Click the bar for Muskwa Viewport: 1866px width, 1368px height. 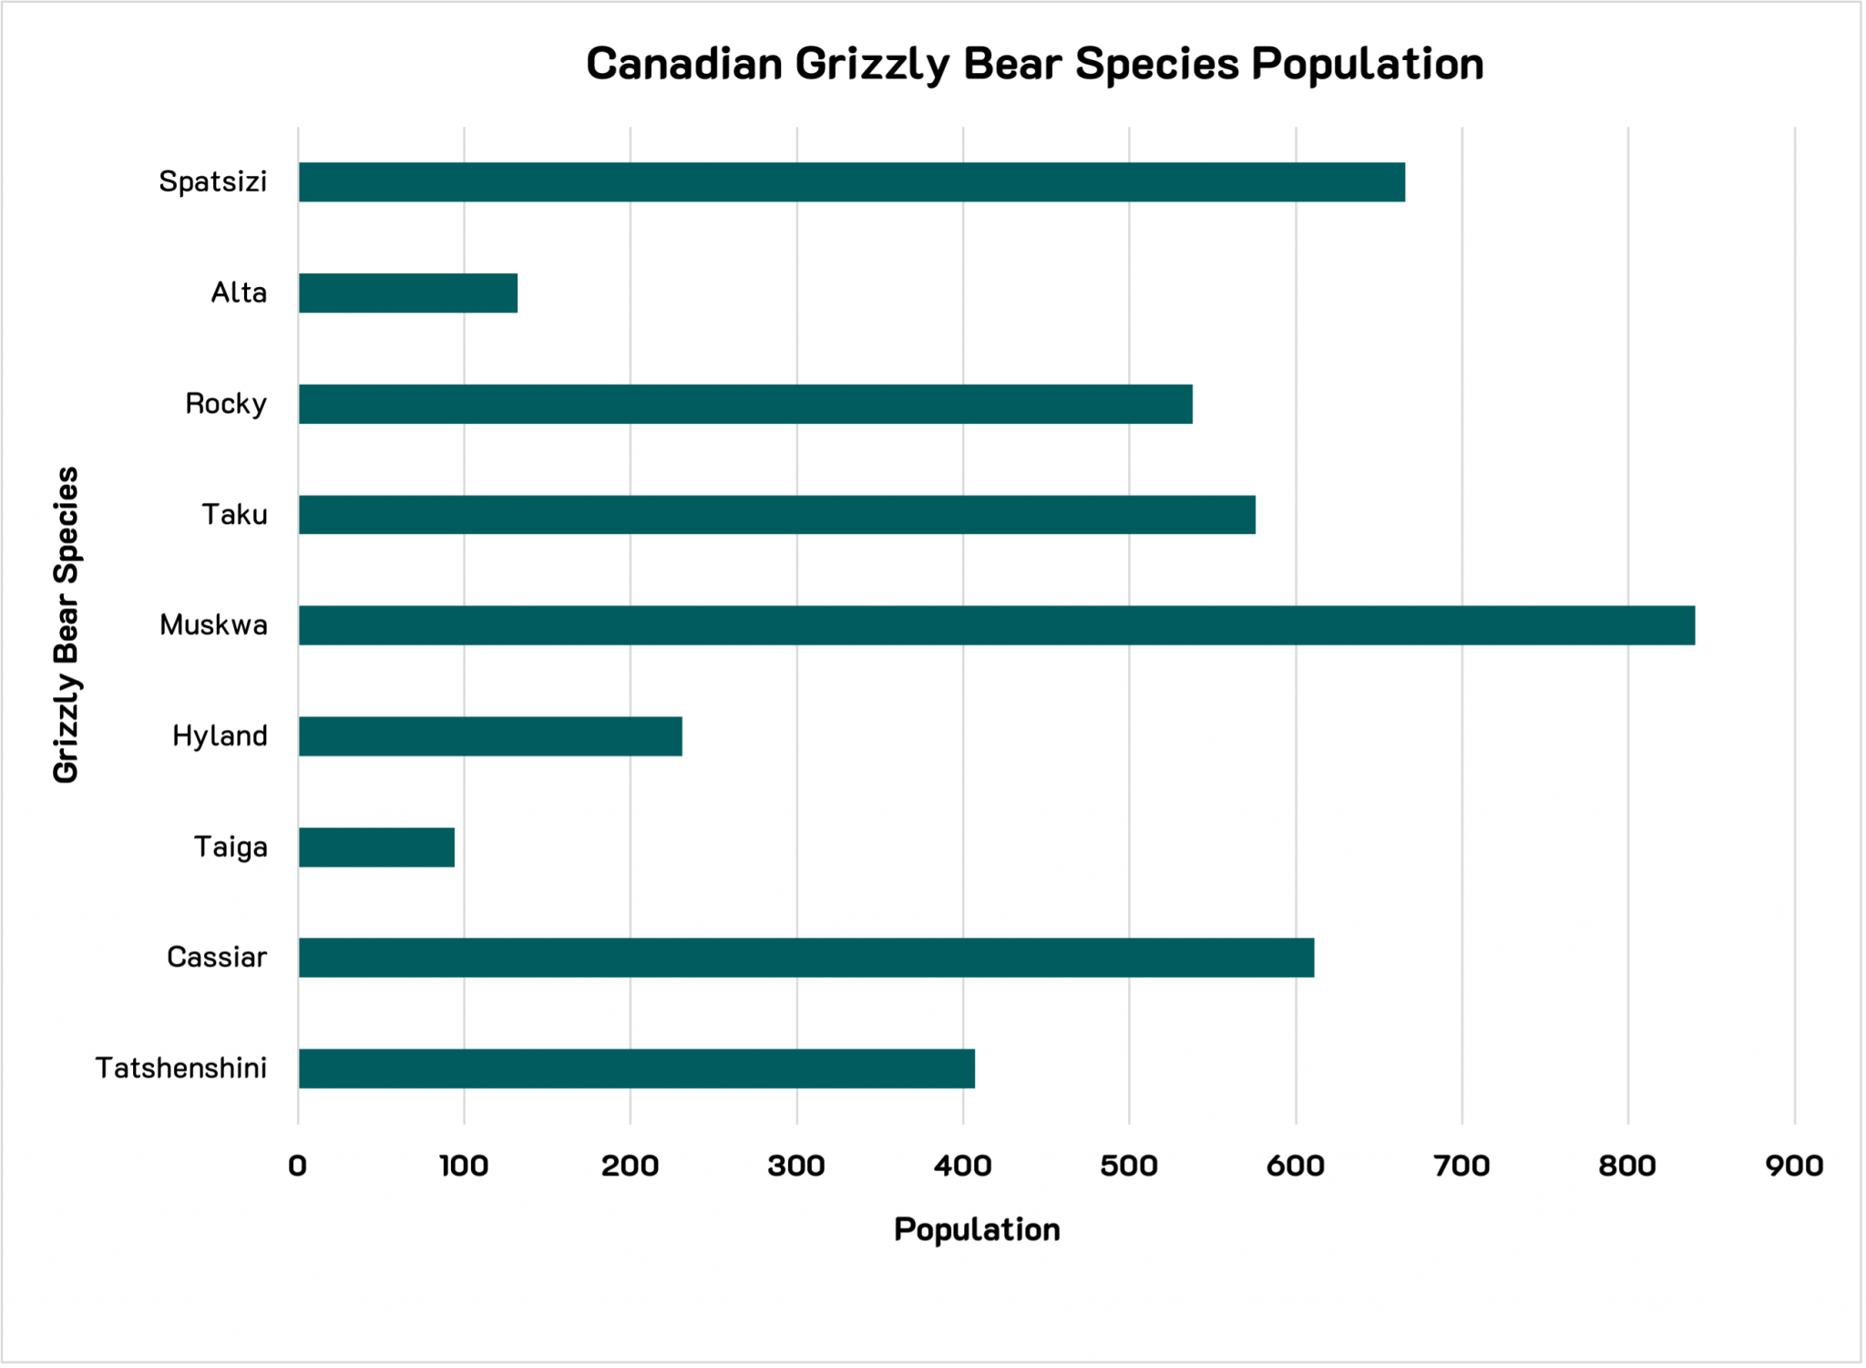[996, 625]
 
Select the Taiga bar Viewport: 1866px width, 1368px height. [376, 847]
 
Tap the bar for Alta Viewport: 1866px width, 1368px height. [407, 293]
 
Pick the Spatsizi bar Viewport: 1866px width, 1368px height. [851, 181]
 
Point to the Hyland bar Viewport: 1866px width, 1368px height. [490, 735]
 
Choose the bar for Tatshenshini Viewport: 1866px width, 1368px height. [636, 1068]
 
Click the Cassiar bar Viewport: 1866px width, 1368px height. [805, 957]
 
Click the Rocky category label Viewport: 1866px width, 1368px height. [225, 404]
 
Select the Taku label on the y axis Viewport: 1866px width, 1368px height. [234, 515]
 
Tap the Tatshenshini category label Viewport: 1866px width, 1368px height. [181, 1068]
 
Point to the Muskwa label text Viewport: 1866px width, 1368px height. [213, 625]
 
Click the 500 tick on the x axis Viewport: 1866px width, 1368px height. [1129, 1166]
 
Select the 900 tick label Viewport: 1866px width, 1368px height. [1794, 1166]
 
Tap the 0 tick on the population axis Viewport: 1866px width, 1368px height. [298, 1166]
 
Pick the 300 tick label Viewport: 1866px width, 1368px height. [796, 1166]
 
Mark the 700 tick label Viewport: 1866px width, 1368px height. [1461, 1166]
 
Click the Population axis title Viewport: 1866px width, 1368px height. [977, 1229]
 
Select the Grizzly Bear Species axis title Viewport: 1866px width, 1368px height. [67, 625]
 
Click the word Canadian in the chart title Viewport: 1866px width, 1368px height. [684, 64]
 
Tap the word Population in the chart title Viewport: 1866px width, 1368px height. [1368, 64]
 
